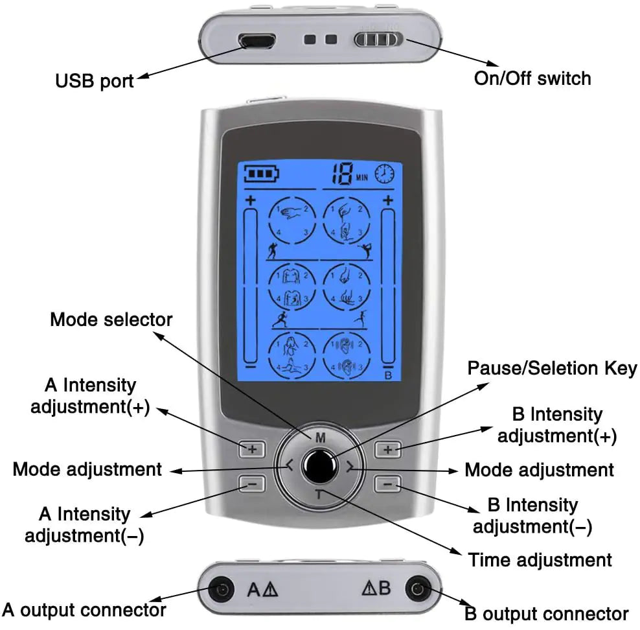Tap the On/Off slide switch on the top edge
pyautogui.click(x=378, y=40)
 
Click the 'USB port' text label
pyautogui.click(x=95, y=81)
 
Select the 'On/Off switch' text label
pyautogui.click(x=532, y=78)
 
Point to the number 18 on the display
pyautogui.click(x=342, y=172)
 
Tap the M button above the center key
pyautogui.click(x=320, y=437)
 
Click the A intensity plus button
pyautogui.click(x=252, y=449)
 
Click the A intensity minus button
pyautogui.click(x=252, y=483)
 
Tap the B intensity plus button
pyautogui.click(x=387, y=449)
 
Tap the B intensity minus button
pyautogui.click(x=387, y=483)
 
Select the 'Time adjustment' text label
pyautogui.click(x=540, y=559)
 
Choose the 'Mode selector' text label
pyautogui.click(x=111, y=320)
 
